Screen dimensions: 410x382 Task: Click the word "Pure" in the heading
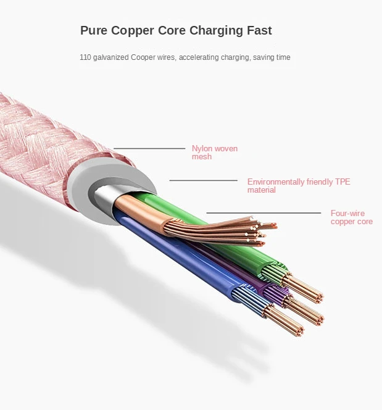(x=94, y=30)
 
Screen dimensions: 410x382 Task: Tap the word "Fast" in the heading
(x=256, y=30)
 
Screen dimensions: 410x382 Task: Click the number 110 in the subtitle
(x=85, y=57)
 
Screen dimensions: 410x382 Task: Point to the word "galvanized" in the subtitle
(x=112, y=57)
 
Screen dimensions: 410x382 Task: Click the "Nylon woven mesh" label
(x=214, y=153)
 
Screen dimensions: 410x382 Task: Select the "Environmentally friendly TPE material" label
(x=290, y=186)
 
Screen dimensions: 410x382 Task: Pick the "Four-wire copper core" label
(x=351, y=217)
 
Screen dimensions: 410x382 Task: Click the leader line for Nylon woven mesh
(x=149, y=148)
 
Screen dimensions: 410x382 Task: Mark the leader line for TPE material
(x=203, y=180)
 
